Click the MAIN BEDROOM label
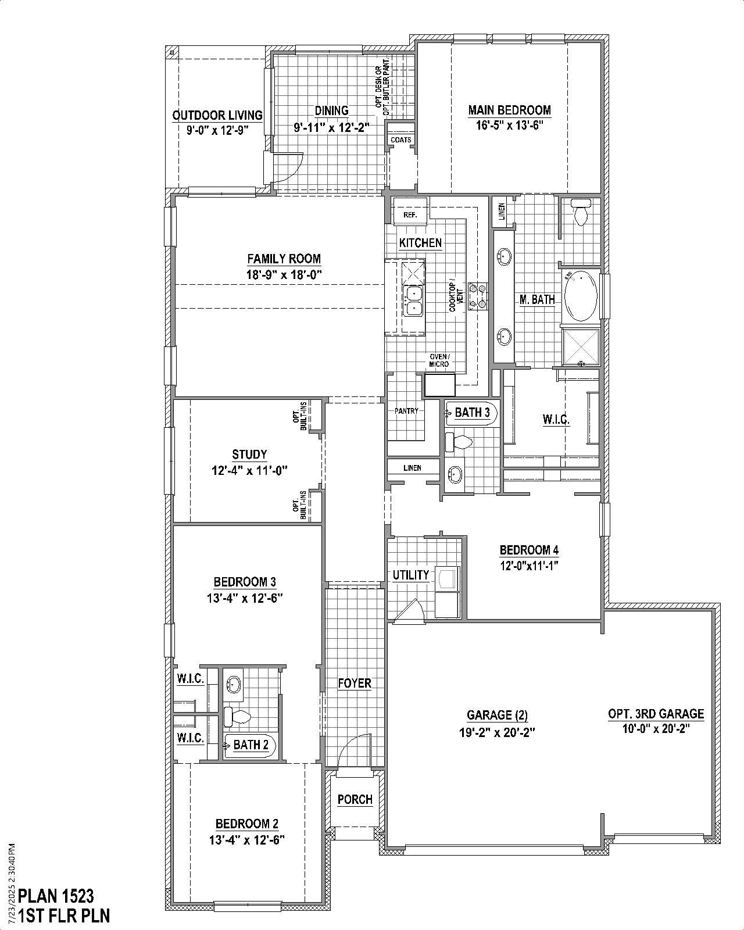[509, 110]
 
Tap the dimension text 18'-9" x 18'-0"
[284, 275]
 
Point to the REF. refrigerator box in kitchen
[410, 214]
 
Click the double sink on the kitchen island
[413, 301]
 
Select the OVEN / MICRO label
[439, 360]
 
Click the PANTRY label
[406, 411]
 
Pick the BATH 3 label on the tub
[472, 413]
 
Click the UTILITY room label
[411, 575]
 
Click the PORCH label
[355, 799]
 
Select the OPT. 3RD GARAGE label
[656, 714]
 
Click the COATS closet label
[400, 140]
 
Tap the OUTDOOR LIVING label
[217, 115]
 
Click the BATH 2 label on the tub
[251, 745]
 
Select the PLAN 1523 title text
[56, 895]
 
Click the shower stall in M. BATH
[580, 346]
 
